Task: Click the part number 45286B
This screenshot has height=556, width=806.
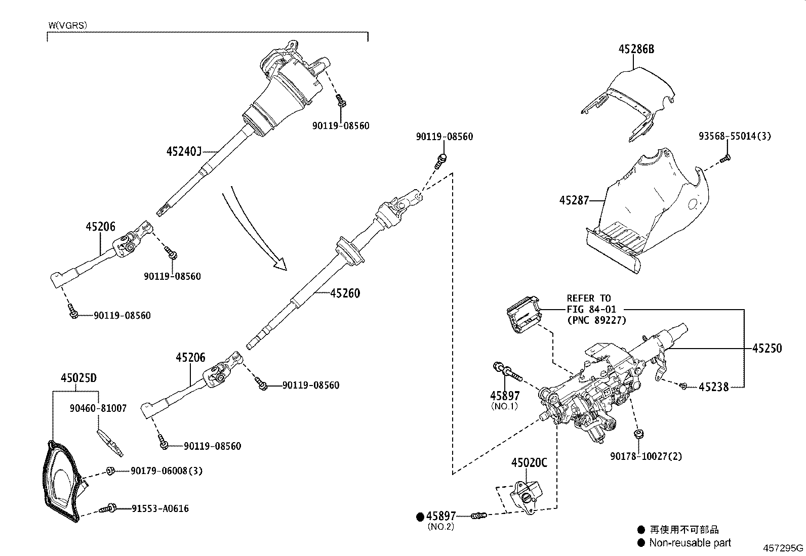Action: tap(636, 50)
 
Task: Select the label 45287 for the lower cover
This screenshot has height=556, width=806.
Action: tap(574, 201)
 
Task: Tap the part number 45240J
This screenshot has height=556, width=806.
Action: tap(184, 151)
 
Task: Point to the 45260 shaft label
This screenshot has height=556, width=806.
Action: tap(345, 293)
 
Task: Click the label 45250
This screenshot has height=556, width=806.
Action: tap(767, 348)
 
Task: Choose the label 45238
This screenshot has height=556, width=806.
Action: tap(713, 387)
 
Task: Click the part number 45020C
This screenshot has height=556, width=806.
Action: tap(529, 462)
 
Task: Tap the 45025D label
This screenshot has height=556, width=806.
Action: tap(78, 378)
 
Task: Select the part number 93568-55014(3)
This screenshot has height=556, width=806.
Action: tap(735, 136)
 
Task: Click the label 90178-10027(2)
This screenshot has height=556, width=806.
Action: tap(646, 456)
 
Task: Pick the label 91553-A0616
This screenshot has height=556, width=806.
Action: tap(160, 508)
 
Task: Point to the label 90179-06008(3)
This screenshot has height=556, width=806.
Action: tap(166, 471)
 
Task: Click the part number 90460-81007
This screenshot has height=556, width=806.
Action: tap(98, 408)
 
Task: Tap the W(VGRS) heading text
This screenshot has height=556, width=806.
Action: tap(68, 24)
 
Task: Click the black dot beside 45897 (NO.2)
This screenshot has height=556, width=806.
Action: tap(420, 517)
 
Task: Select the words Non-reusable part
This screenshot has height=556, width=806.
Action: tap(691, 543)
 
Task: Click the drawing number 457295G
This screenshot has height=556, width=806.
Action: tap(783, 548)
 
